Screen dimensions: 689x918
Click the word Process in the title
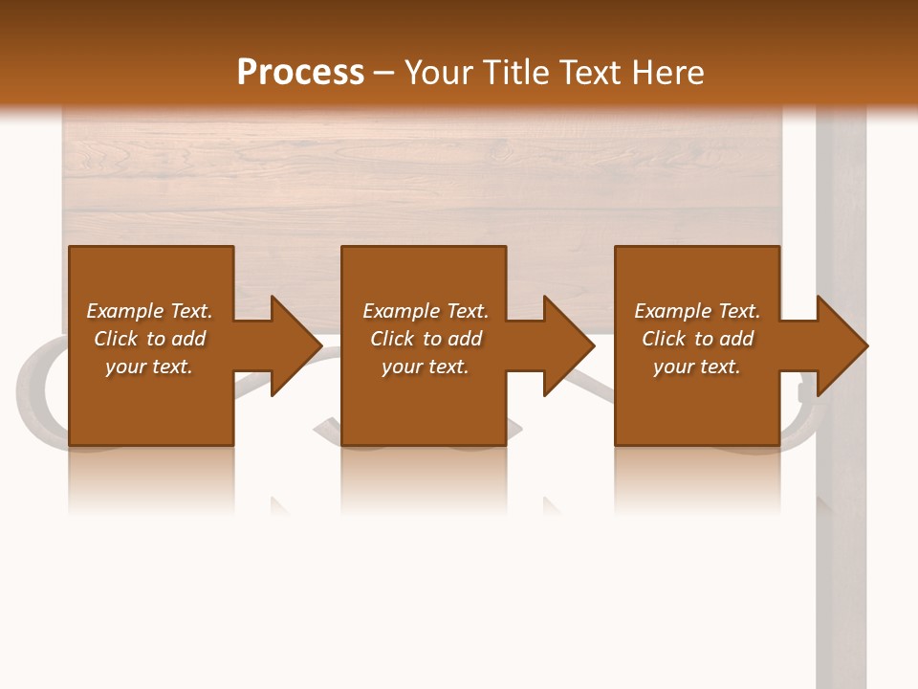pyautogui.click(x=300, y=73)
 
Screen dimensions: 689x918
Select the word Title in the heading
pyautogui.click(x=518, y=73)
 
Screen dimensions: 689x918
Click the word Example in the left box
pyautogui.click(x=125, y=311)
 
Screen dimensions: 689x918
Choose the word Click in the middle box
pyautogui.click(x=391, y=339)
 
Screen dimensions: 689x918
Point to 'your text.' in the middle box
pyautogui.click(x=425, y=367)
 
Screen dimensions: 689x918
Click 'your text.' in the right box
pyautogui.click(x=696, y=367)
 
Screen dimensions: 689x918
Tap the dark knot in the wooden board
pyautogui.click(x=497, y=150)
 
